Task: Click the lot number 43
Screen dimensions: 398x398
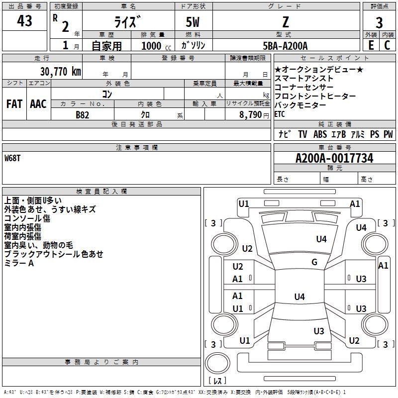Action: click(24, 21)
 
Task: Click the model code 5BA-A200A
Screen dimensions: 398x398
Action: click(285, 46)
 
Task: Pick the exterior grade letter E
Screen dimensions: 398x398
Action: click(371, 45)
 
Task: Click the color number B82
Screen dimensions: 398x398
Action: click(83, 114)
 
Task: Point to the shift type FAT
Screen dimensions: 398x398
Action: click(14, 104)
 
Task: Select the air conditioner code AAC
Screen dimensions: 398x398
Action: click(38, 104)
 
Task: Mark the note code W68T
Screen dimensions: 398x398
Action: click(13, 158)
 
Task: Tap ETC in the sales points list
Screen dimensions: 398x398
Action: click(281, 114)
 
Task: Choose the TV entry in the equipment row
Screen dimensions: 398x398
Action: click(302, 134)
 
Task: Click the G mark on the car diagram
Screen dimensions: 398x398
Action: click(314, 262)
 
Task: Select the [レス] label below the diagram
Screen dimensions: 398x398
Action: click(217, 381)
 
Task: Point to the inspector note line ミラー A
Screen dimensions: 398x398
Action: click(19, 263)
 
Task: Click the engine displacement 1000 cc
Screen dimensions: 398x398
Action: click(156, 46)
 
